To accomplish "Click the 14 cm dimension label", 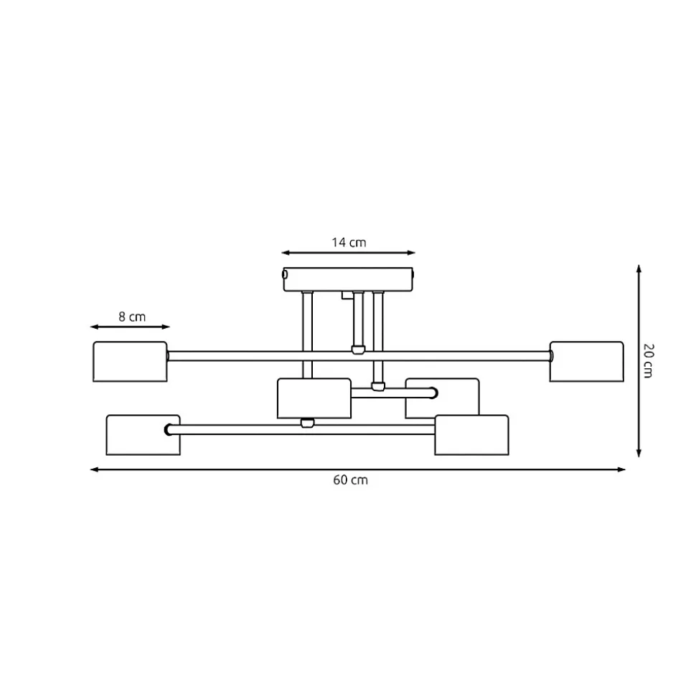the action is coord(349,242).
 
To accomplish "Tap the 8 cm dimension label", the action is coord(132,317).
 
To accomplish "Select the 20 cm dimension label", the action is coord(649,360).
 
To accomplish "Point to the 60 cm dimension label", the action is coord(351,480).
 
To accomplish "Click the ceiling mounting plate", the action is coord(349,279).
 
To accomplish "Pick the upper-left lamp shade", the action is coord(130,361).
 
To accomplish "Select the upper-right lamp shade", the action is coord(587,361).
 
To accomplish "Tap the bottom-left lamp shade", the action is coord(143,435).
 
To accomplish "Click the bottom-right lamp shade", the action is coord(471,435).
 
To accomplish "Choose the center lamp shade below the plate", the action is coord(314,398).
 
